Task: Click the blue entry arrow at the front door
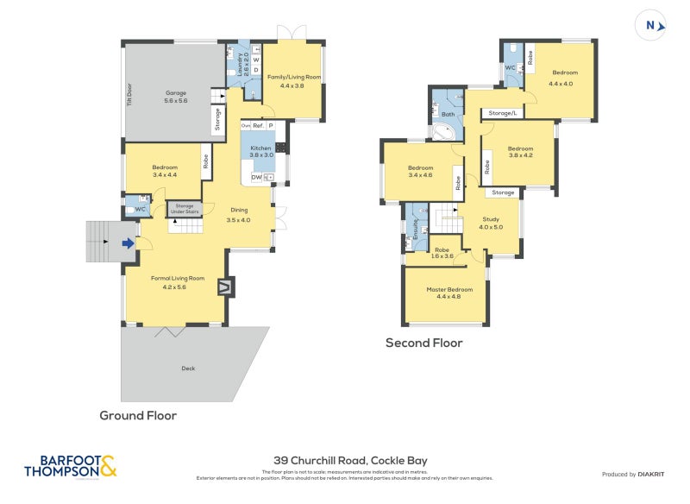pos(129,243)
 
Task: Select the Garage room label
pos(176,97)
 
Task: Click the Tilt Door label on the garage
pos(130,91)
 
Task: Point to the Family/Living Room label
pos(293,81)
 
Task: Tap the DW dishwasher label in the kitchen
pos(256,178)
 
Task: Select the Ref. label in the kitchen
pos(257,126)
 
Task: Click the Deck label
pos(188,369)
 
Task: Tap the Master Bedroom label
pos(449,293)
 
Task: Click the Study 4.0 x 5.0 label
pos(490,223)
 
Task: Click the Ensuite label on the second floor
pos(416,228)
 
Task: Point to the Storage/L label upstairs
pos(502,113)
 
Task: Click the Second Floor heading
pos(423,343)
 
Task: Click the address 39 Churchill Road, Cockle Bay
pos(350,461)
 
